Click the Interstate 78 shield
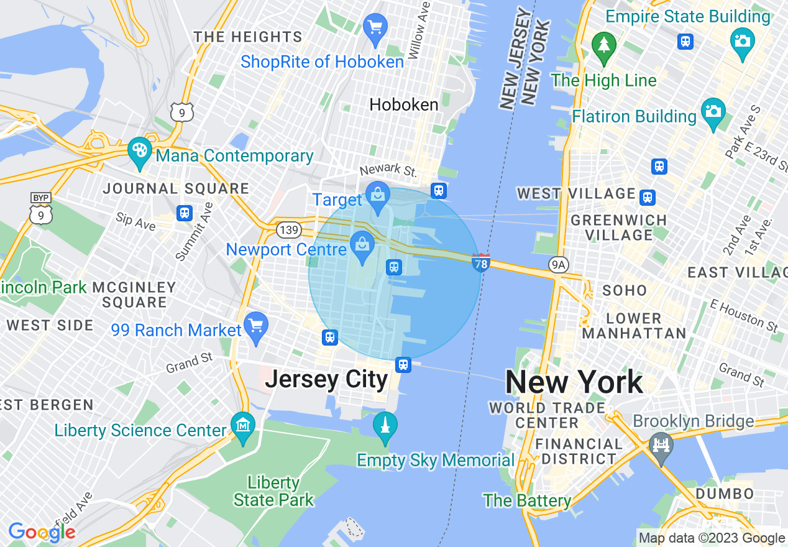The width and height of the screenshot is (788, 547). point(480,262)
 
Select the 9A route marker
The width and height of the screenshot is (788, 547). point(557,265)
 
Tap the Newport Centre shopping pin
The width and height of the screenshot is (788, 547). point(362,245)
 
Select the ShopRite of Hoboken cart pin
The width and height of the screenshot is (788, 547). point(375,28)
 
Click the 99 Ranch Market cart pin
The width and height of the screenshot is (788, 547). point(255,326)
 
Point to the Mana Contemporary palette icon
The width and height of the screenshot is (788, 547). point(140,151)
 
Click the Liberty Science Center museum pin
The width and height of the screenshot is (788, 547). point(242,426)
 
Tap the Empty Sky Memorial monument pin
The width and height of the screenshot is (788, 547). point(385,426)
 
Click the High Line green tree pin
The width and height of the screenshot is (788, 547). point(603,45)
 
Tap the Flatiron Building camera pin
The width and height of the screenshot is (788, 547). point(713,112)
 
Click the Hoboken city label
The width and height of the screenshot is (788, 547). point(404,104)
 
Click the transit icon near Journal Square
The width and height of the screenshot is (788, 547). point(184,213)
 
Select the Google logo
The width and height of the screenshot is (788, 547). point(42,532)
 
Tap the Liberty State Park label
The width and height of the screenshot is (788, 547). point(273,491)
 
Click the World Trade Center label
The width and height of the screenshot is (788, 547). point(547,415)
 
